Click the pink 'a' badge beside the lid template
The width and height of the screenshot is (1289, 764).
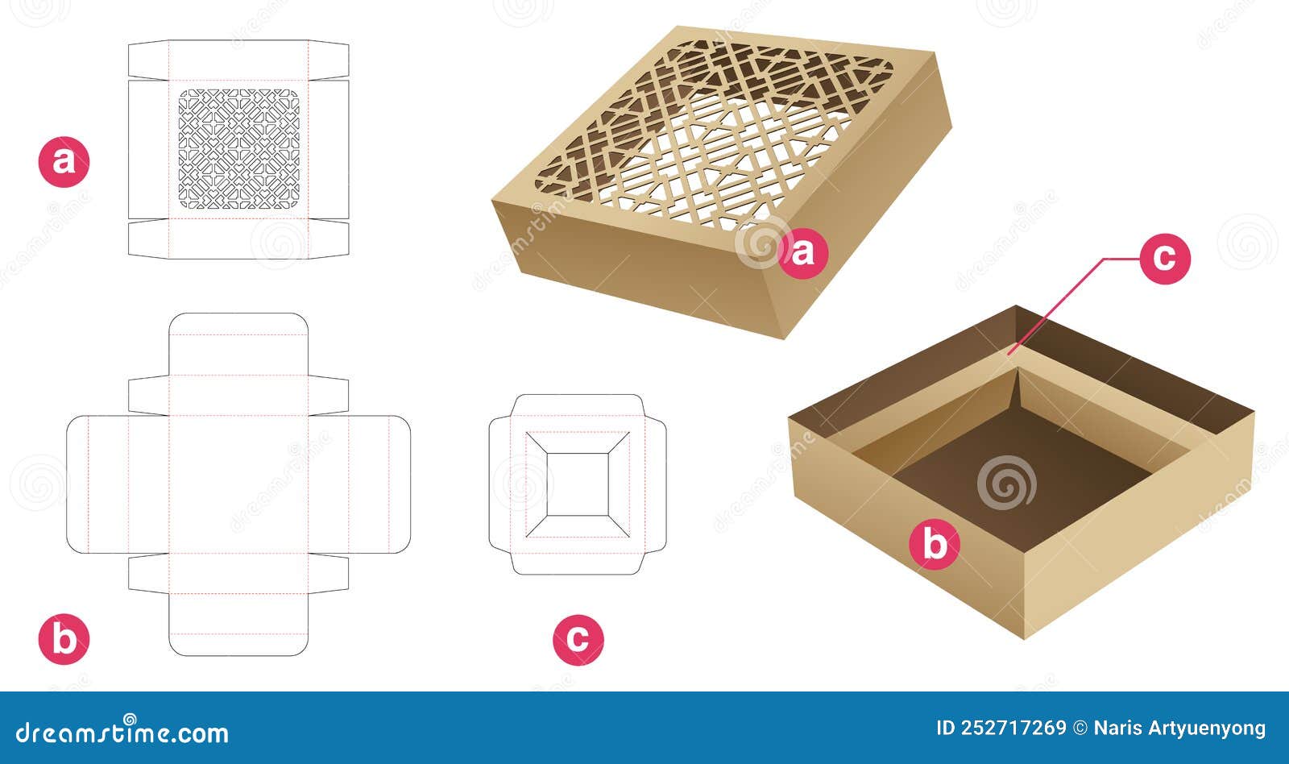(64, 162)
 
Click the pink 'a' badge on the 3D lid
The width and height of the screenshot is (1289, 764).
(802, 254)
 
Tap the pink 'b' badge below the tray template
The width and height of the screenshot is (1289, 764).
(64, 639)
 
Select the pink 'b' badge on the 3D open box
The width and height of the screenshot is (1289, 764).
(934, 545)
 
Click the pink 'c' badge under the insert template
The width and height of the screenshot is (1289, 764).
(578, 639)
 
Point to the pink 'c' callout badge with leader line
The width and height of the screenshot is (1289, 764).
(1164, 259)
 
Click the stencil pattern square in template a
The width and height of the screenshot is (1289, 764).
(238, 150)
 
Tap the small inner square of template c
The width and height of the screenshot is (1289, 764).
(578, 484)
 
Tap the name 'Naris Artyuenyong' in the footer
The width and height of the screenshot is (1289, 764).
(1179, 729)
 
